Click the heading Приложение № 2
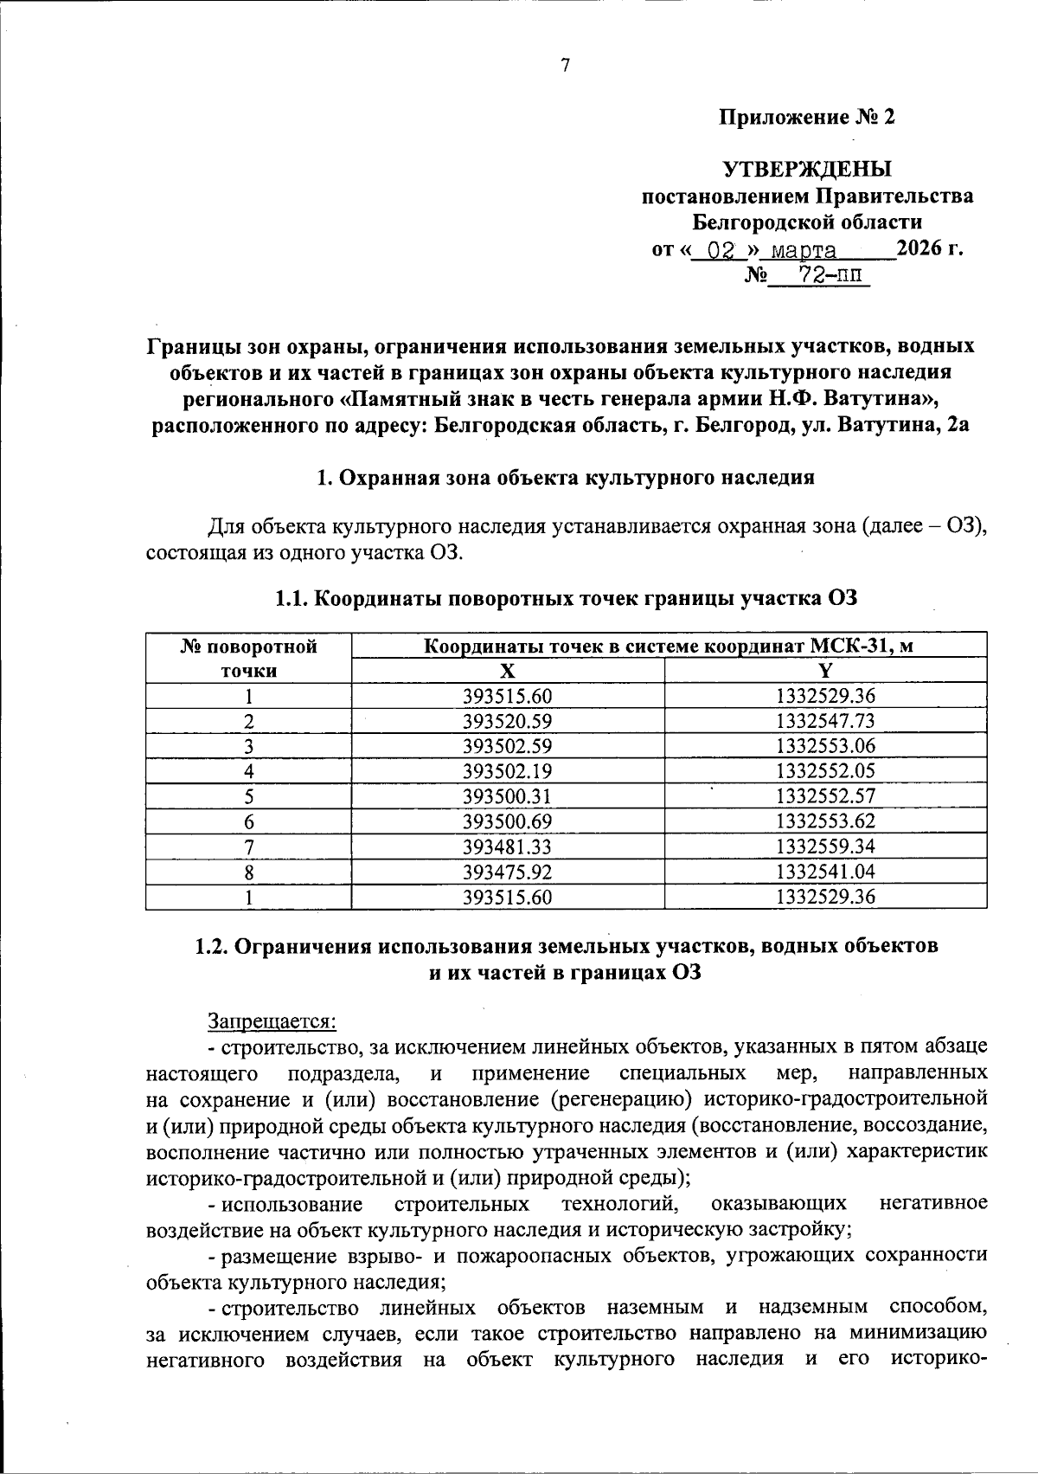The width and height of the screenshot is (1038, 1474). pos(806,117)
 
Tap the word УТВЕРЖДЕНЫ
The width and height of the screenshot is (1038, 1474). pos(806,168)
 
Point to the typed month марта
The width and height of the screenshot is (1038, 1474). pos(804,252)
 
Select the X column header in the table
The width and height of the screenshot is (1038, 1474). pos(508,671)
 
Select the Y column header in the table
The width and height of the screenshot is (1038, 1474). pos(825,671)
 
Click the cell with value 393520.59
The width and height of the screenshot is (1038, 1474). pos(508,721)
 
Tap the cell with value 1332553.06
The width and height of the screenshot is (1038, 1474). pos(825,746)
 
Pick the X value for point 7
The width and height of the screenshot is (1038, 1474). pos(508,846)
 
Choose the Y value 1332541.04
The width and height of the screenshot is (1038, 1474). pos(825,872)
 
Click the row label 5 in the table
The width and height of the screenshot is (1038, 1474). pos(248,796)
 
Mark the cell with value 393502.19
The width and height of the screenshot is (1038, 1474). pos(508,771)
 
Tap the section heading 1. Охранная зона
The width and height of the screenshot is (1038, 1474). pos(566,478)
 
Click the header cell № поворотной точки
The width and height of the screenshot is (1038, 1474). pos(248,658)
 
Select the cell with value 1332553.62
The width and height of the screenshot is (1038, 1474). pos(825,821)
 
